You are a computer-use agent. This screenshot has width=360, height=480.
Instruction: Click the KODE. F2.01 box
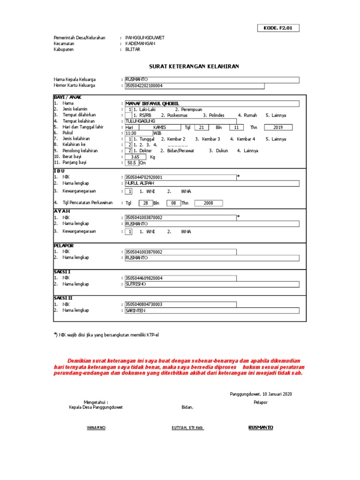278,28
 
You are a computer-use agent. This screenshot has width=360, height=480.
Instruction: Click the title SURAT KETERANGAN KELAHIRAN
194,67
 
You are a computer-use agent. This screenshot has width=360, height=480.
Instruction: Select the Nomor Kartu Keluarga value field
194,86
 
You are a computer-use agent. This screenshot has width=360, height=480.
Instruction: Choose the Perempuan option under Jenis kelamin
188,109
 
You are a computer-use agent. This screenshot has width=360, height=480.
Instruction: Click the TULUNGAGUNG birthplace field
180,121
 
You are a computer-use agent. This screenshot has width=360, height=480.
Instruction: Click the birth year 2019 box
278,127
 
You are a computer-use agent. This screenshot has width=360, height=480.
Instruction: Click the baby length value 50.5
132,163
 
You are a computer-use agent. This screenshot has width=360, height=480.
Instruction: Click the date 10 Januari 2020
261,394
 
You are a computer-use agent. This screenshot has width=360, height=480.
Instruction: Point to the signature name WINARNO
96,428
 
